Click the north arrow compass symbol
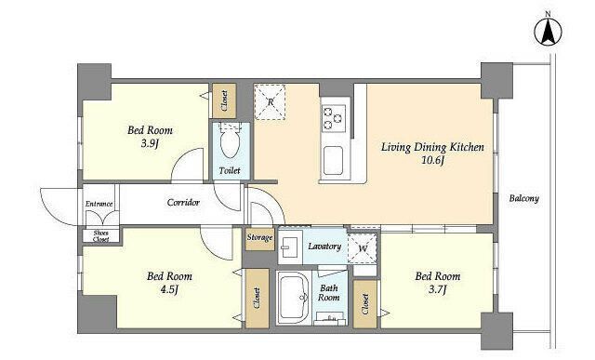(x=548, y=33)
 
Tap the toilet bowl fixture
(x=230, y=141)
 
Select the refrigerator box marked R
(x=270, y=102)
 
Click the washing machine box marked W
(x=363, y=248)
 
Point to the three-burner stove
(x=334, y=118)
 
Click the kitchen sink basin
(x=333, y=160)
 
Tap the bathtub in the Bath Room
(x=294, y=298)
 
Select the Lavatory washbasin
(x=290, y=247)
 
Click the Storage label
(x=260, y=238)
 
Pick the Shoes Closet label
(x=101, y=236)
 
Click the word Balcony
(x=524, y=198)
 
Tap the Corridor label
(x=183, y=203)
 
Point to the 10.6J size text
(x=432, y=161)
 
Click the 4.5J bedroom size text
(x=169, y=289)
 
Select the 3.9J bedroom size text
(x=150, y=144)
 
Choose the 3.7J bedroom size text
(x=438, y=289)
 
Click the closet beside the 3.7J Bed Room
(x=365, y=304)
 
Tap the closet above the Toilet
(x=224, y=100)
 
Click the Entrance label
(x=99, y=204)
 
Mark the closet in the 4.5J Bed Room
(x=257, y=299)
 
